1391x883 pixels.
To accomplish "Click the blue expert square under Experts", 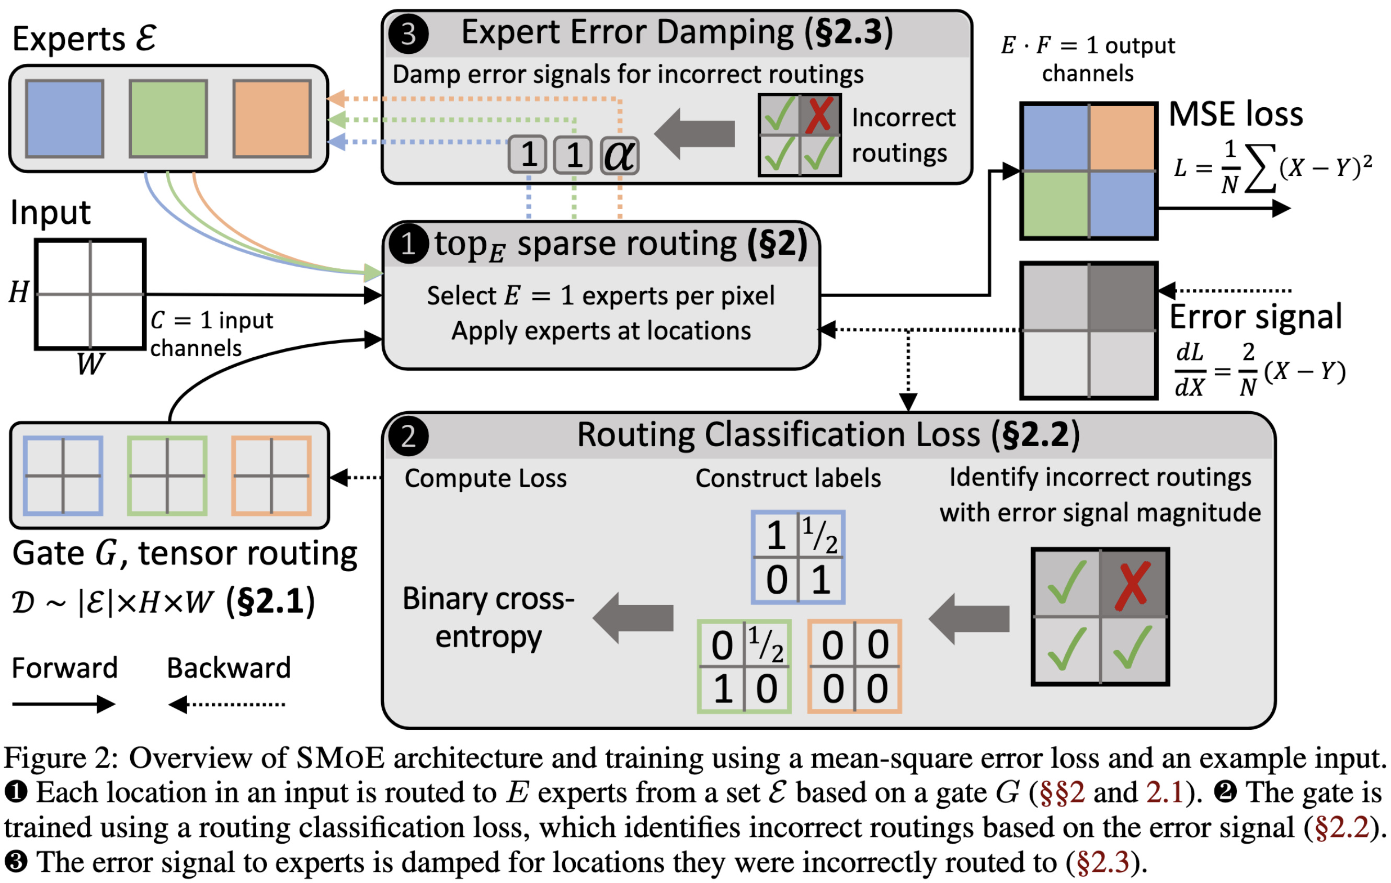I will tap(65, 118).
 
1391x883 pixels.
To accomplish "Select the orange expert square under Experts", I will tap(271, 118).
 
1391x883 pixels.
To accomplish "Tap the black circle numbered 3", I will tap(408, 34).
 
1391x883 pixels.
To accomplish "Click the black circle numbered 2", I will tap(408, 436).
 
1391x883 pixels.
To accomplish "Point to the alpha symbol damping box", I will tap(619, 155).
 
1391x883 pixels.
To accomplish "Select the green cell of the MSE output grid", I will tap(1055, 204).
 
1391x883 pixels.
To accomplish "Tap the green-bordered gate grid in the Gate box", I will tap(167, 476).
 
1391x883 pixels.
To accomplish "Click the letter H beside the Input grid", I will tap(18, 292).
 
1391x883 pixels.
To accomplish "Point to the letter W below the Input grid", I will tap(90, 364).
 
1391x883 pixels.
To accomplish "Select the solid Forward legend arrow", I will tap(64, 704).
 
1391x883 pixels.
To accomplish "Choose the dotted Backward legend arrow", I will tap(226, 704).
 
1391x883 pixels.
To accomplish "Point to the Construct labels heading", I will tap(788, 478).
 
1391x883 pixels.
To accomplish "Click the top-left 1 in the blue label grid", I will tap(776, 535).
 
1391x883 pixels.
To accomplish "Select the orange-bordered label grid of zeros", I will tap(854, 666).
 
